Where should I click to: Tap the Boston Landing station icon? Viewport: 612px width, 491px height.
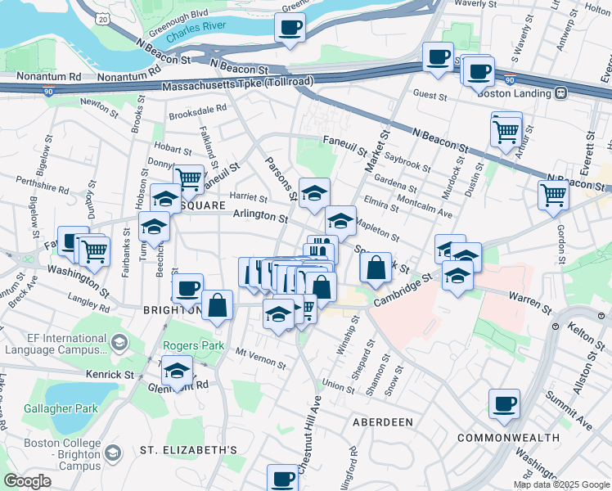(560, 93)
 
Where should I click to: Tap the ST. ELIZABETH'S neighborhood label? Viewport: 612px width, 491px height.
(188, 450)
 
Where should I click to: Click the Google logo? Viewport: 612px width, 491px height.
(27, 481)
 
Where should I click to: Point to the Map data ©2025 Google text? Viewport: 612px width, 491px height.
(560, 484)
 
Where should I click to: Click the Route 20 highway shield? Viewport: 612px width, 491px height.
(101, 18)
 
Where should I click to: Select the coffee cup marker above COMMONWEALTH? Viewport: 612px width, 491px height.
(504, 403)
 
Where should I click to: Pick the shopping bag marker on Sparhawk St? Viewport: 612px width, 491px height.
(375, 267)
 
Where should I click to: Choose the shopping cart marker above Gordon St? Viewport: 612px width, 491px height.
(554, 195)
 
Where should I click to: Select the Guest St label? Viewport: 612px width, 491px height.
(430, 96)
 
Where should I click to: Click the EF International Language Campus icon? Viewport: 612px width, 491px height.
(121, 341)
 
